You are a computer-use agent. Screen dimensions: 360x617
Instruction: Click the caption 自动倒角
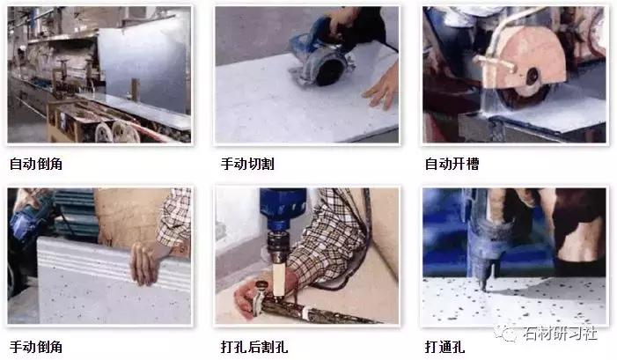click(35, 164)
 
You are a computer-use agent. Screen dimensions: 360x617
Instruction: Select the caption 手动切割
click(244, 164)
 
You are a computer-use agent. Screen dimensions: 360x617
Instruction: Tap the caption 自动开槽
click(452, 164)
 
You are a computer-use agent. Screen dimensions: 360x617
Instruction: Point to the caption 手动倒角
click(35, 344)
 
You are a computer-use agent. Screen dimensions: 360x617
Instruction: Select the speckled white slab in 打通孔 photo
click(528, 304)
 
